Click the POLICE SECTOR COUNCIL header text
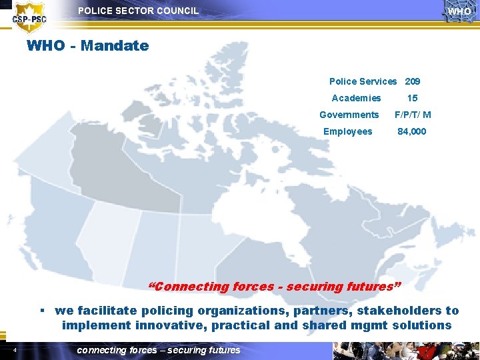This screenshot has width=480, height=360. tap(138, 11)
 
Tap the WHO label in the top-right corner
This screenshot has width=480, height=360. tap(459, 11)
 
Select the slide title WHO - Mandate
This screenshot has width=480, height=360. tap(87, 46)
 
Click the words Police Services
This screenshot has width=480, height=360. tap(363, 81)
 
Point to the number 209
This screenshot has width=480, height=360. tap(413, 81)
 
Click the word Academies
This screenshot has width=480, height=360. tap(356, 98)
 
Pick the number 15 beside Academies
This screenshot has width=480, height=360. tap(413, 98)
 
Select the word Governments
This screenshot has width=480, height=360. tap(349, 115)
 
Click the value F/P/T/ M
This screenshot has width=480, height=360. tap(413, 115)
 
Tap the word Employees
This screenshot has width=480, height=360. tap(347, 131)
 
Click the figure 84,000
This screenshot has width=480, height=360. tap(412, 131)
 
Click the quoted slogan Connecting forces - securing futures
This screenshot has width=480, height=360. tap(274, 287)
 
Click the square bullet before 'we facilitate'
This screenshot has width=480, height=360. tap(42, 311)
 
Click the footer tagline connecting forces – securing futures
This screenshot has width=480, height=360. tap(159, 350)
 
